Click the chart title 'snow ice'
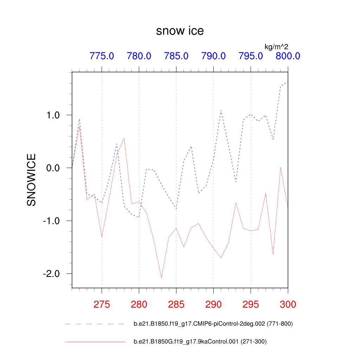click(180, 31)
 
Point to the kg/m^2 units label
click(276, 46)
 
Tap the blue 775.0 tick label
click(102, 56)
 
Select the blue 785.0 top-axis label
click(176, 56)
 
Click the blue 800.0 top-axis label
click(288, 56)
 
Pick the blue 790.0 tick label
click(213, 56)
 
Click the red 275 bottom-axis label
click(102, 304)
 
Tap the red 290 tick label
click(213, 304)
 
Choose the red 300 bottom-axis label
click(288, 304)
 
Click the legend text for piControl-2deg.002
click(213, 324)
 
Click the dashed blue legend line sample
click(95, 324)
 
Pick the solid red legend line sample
click(95, 341)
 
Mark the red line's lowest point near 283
click(161, 278)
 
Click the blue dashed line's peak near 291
click(221, 110)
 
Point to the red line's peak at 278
click(124, 138)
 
